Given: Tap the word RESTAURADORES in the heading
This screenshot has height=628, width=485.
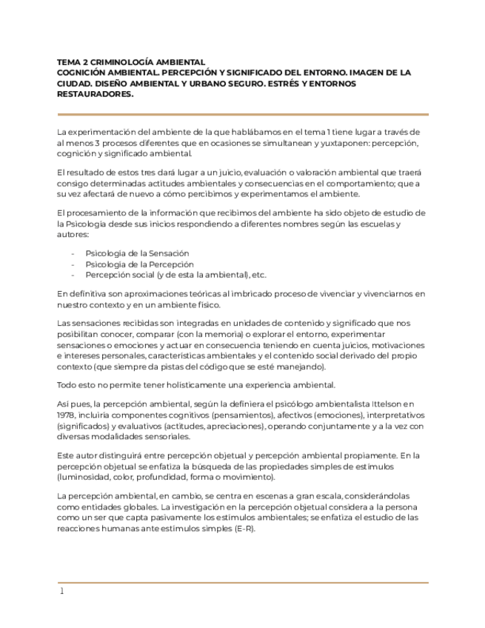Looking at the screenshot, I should (94, 95).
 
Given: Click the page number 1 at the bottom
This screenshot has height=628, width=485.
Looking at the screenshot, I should (62, 591).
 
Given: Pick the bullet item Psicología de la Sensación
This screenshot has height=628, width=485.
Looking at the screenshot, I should (137, 253).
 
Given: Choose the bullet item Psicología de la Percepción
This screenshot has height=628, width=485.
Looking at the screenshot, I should (139, 264).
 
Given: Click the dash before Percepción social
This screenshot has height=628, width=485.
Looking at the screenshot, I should (73, 275).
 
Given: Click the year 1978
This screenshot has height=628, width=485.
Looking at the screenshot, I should (67, 415).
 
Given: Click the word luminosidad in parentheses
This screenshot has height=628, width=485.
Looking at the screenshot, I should (84, 477).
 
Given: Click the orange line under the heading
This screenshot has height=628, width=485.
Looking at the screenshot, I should (242, 114).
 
